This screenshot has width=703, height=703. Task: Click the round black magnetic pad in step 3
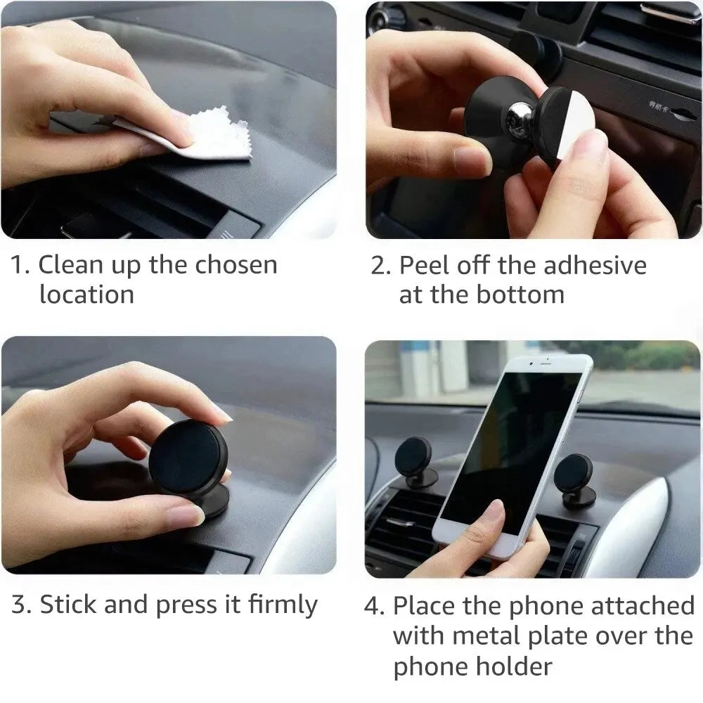coord(187,459)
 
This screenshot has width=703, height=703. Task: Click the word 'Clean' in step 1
coord(73,265)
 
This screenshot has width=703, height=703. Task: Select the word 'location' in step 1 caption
coord(86,295)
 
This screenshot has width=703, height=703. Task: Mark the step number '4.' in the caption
coord(374,605)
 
